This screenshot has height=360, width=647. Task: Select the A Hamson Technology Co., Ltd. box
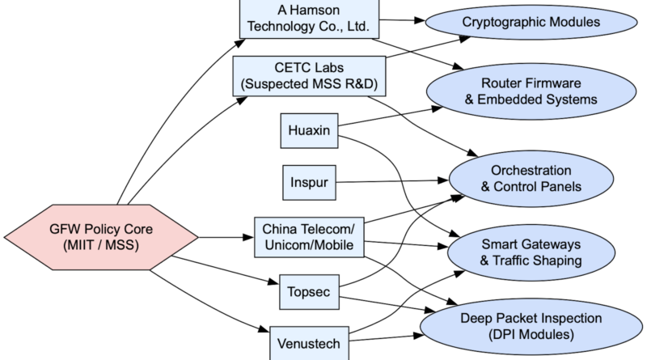[308, 18]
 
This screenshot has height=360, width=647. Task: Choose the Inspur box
[308, 184]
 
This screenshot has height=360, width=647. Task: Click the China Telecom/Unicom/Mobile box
[308, 237]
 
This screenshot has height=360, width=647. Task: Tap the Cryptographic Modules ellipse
[531, 22]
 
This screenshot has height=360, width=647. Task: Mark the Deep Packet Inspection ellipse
[531, 324]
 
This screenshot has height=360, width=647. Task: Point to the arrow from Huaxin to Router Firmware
[388, 119]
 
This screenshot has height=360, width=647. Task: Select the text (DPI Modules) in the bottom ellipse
[531, 333]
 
